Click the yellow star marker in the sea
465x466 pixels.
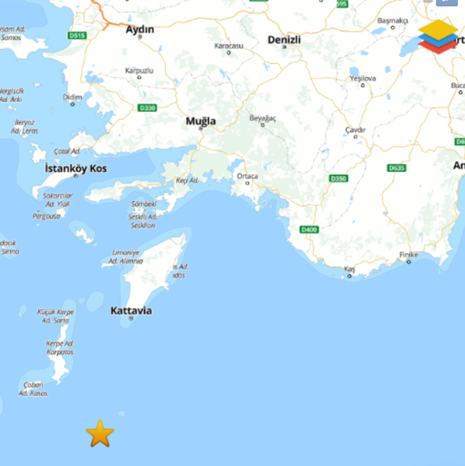point(100,433)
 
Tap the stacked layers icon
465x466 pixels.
point(438,37)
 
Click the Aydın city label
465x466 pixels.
point(139,29)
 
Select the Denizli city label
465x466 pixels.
point(284,40)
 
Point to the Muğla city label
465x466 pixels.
point(200,121)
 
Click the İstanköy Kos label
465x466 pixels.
point(76,168)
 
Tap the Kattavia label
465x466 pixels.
point(131,311)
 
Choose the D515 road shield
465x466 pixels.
point(77,36)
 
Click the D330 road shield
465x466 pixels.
point(147,107)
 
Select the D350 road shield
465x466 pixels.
point(338,179)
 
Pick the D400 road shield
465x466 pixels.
point(309,229)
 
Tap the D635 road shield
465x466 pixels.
point(396,168)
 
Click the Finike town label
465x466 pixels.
point(408,255)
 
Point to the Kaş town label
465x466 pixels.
point(350,269)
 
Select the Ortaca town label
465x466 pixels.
point(247,176)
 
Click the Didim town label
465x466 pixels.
point(72,97)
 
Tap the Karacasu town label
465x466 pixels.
point(228,46)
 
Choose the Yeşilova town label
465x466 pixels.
point(362,78)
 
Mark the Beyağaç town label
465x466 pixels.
point(263,118)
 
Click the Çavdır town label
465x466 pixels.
point(355,130)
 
